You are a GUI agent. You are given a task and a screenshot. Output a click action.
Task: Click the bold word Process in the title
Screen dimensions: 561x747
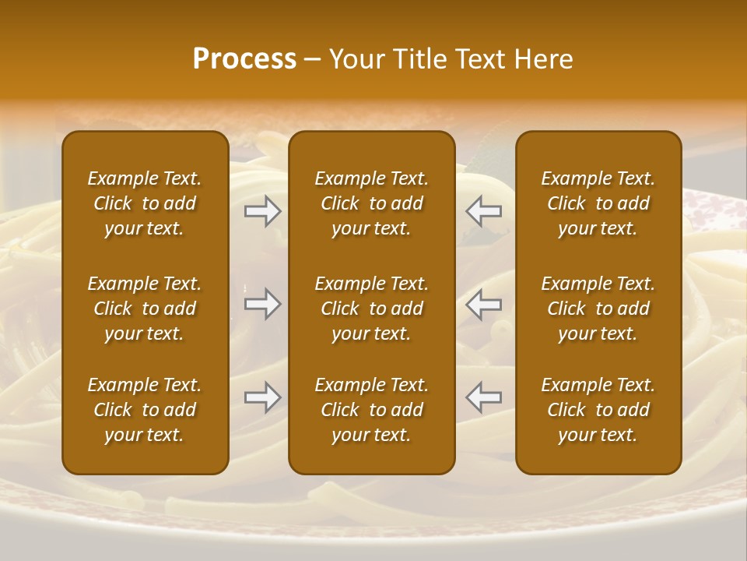tap(244, 59)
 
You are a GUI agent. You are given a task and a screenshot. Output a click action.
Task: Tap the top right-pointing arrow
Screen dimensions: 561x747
tap(263, 211)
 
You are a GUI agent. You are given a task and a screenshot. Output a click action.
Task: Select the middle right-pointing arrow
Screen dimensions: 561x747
tap(263, 303)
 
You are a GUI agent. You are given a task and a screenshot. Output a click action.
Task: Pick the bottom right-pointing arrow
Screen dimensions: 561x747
tap(263, 397)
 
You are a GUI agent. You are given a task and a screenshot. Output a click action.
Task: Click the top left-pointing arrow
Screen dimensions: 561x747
tap(483, 211)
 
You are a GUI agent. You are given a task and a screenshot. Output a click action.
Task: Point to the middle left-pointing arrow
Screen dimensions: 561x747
tap(483, 303)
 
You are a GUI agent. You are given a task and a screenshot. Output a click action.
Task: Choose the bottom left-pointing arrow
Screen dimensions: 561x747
tap(483, 397)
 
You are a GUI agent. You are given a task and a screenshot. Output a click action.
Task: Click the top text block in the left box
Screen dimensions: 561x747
tap(145, 203)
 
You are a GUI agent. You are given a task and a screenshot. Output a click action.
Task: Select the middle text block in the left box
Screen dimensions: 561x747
tap(145, 309)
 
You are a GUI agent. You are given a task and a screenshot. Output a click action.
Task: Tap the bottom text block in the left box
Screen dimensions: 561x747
tap(145, 410)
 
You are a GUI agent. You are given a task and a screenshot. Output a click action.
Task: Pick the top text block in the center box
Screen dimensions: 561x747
tap(372, 203)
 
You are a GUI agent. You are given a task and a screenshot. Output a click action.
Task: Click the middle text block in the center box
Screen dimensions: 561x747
tap(372, 309)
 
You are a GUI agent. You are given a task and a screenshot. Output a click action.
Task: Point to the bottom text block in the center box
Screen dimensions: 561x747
tap(372, 410)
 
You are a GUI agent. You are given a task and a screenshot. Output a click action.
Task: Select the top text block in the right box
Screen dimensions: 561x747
tap(598, 203)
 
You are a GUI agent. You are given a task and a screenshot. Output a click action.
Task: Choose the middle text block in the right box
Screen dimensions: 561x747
tap(598, 309)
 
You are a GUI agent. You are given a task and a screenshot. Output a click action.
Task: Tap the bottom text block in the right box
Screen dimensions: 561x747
tap(598, 410)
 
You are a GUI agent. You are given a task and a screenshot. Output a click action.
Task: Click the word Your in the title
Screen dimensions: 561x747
tap(355, 59)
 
